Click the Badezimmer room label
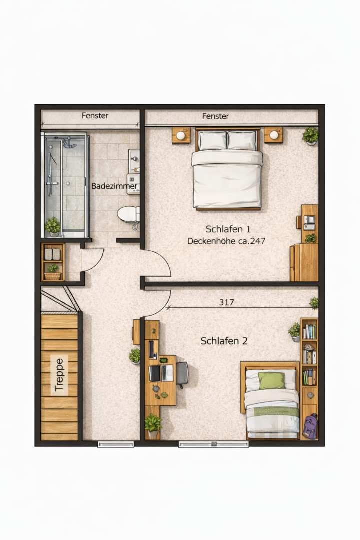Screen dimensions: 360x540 pos(114,186)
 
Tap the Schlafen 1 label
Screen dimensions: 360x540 pos(228,229)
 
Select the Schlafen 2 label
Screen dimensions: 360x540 pos(224,341)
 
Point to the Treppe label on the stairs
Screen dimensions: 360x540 pos(59,375)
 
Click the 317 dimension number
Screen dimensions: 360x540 pos(226,302)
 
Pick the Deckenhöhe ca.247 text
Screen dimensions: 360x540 pos(226,241)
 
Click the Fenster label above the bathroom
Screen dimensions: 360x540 pos(95,115)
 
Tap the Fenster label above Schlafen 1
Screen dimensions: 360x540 pos(215,116)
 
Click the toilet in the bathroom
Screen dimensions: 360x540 pos(128,214)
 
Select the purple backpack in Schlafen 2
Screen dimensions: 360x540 pos(310,426)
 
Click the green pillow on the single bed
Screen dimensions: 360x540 pos(272,380)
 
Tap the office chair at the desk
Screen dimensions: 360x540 pos(182,374)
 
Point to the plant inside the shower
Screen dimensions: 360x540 pos(53,226)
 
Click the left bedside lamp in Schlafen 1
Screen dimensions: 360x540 pos(181,135)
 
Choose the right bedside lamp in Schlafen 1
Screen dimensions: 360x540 pos(274,135)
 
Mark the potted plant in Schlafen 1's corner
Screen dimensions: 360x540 pos(310,136)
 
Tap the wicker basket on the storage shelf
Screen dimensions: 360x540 pos(53,276)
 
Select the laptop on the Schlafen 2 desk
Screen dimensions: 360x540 pos(167,373)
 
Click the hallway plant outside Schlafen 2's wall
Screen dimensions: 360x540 pos(135,356)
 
